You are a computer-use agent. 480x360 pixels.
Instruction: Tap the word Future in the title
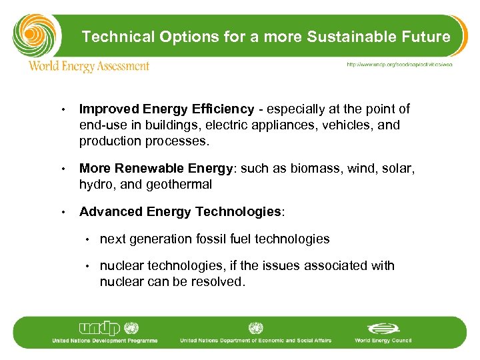click(426, 37)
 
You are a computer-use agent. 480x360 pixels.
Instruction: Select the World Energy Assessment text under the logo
click(89, 67)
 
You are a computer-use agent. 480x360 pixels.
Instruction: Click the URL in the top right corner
click(399, 65)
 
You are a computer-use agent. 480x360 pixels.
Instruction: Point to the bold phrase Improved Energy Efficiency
click(167, 109)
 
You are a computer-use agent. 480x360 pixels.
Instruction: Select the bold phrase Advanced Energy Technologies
click(180, 212)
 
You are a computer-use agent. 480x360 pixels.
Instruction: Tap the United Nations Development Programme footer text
click(105, 341)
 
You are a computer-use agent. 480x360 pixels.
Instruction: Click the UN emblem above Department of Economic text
click(255, 328)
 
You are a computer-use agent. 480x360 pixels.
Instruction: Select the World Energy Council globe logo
click(383, 329)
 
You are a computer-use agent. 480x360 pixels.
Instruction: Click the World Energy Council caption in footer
click(383, 341)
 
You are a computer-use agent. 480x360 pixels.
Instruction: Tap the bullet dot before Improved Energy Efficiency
click(61, 109)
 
